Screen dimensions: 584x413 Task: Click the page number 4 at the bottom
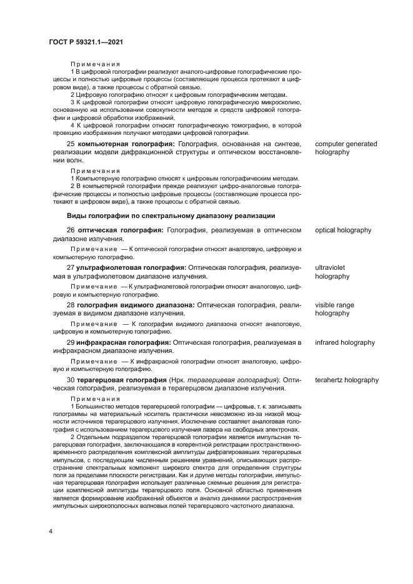50,530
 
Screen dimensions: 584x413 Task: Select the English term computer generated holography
346,148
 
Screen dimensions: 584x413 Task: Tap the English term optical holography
343,230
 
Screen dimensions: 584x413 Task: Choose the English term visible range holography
334,309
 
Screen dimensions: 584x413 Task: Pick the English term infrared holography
345,342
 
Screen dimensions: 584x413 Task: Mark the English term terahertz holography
347,380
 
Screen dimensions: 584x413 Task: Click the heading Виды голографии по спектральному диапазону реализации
170,215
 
